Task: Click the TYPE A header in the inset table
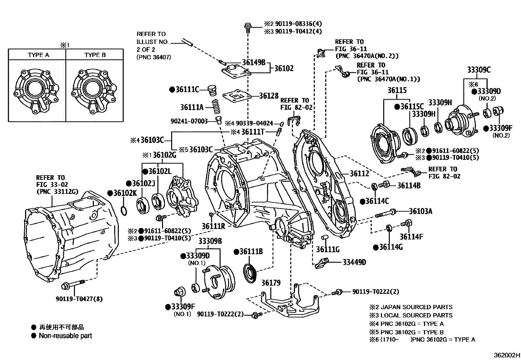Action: [38, 55]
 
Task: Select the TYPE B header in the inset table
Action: [95, 55]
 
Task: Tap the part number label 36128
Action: [269, 96]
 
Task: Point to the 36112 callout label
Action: [359, 173]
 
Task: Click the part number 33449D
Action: [354, 262]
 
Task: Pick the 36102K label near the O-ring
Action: [125, 193]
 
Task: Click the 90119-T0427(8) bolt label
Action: [79, 299]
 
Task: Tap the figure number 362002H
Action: [507, 355]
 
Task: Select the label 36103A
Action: [421, 211]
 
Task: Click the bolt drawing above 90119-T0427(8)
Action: [73, 285]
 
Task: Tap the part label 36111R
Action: [213, 226]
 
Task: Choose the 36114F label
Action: [411, 237]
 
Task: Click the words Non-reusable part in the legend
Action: [65, 335]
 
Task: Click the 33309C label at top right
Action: [479, 70]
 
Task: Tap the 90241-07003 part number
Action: [189, 121]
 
